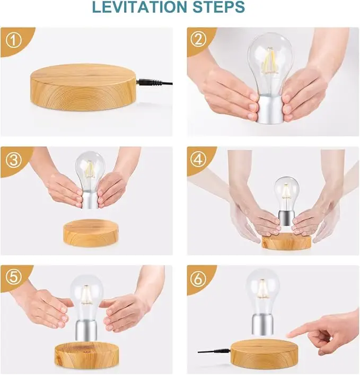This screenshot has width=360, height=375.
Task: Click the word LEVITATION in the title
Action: (x=139, y=7)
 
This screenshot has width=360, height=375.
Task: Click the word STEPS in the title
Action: (x=218, y=7)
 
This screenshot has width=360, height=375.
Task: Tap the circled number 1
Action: (x=14, y=40)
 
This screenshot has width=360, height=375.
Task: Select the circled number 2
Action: (x=198, y=40)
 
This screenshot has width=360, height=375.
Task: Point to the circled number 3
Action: (x=14, y=160)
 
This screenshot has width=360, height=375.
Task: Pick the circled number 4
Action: (x=198, y=160)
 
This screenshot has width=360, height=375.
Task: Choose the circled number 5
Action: (x=14, y=277)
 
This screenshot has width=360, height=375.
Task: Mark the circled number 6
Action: (x=198, y=278)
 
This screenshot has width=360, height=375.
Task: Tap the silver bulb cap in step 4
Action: (x=286, y=217)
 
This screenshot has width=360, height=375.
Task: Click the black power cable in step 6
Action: (x=214, y=352)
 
